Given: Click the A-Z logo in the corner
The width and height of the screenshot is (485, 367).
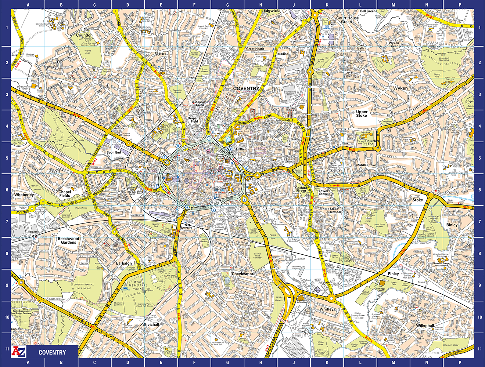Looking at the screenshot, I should click(x=19, y=352).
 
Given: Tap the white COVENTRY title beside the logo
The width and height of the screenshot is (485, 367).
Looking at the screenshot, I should click(x=52, y=352).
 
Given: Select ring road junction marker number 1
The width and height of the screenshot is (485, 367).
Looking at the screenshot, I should click(x=209, y=138).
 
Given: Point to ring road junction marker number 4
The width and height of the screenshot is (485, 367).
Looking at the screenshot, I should click(x=244, y=200).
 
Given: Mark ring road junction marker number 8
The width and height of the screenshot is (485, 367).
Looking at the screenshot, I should click(x=165, y=157).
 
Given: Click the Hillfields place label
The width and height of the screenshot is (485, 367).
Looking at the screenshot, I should click(x=242, y=149).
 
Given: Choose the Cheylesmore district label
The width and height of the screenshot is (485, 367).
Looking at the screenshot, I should click(x=243, y=274).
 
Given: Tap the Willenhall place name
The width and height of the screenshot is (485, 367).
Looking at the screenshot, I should click(x=425, y=326).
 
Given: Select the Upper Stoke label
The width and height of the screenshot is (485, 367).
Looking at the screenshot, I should click(x=362, y=113).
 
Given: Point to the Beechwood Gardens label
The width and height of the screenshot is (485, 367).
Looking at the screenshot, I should click(x=68, y=240).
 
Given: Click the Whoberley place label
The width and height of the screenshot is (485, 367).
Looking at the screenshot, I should click(x=24, y=195).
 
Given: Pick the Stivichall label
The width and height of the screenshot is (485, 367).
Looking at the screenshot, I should click(x=151, y=324).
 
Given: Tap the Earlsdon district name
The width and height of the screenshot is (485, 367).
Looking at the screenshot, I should click(x=124, y=263).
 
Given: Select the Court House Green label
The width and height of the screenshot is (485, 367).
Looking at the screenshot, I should click(x=347, y=20).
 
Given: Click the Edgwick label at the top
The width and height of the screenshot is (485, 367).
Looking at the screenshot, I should click(x=271, y=11).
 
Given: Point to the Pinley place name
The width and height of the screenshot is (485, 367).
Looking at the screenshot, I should click(x=393, y=274).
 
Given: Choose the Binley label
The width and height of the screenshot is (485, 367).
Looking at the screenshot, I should click(x=452, y=225).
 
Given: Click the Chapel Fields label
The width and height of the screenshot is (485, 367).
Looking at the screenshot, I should click(x=65, y=193).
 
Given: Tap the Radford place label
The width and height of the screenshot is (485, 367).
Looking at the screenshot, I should click(x=160, y=54).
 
